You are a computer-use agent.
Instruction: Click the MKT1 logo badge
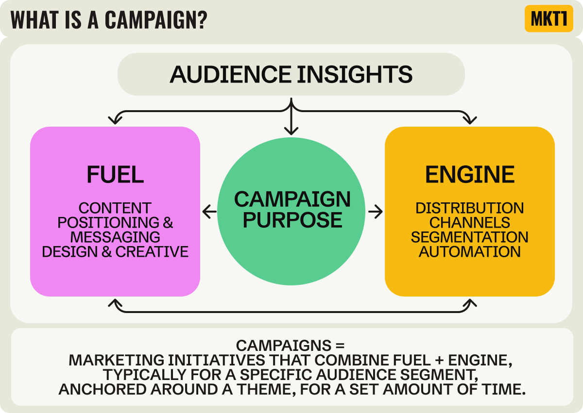pos(549,19)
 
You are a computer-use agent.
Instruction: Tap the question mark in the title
pos(202,19)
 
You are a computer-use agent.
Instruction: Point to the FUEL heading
pos(115,175)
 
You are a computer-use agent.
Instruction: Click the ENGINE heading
pos(470,175)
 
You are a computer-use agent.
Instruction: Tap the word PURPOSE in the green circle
pos(292,220)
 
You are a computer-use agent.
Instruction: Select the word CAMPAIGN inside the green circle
pos(292,199)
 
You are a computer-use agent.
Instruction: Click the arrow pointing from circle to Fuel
pos(209,212)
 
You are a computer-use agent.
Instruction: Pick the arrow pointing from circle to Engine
pos(376,212)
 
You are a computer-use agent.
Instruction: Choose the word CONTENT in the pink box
pos(115,208)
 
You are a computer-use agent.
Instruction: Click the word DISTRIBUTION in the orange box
pos(470,208)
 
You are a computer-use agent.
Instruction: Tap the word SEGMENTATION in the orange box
pos(470,237)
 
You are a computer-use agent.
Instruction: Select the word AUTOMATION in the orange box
pos(470,252)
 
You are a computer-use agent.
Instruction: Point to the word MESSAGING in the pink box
pos(115,237)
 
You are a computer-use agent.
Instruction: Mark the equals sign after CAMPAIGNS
pos(339,346)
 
